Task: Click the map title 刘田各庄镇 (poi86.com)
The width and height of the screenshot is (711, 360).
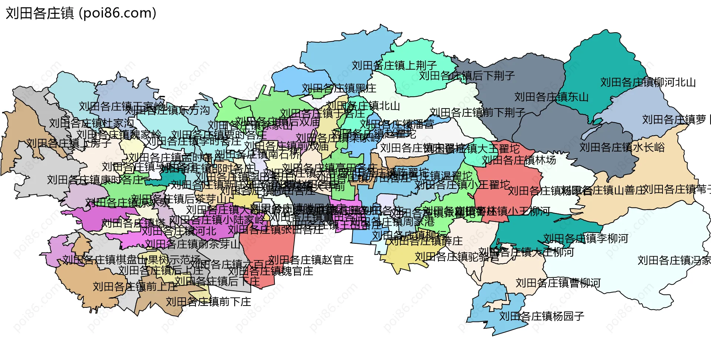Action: point(81,13)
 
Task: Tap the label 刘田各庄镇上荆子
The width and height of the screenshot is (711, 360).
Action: point(394,66)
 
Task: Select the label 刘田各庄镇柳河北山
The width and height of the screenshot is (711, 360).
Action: point(648,82)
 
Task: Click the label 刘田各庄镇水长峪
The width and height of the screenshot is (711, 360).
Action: point(622,147)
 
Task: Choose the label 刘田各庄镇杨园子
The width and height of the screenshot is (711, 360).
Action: point(541,316)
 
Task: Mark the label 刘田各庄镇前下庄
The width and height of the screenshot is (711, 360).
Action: point(208,302)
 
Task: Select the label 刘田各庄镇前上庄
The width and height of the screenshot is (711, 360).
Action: point(135,287)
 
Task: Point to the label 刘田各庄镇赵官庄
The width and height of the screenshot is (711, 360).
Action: point(311,260)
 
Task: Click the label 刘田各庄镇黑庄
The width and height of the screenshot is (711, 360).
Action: point(339,89)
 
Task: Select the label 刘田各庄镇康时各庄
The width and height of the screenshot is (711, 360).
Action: point(95,180)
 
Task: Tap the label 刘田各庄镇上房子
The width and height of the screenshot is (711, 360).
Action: point(69,143)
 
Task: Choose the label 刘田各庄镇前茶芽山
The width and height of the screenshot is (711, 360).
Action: point(193,244)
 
